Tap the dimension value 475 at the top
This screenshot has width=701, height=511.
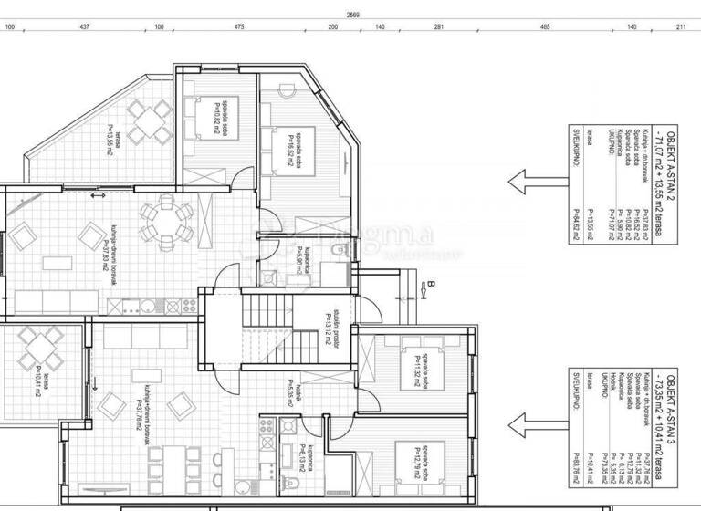pyautogui.click(x=239, y=27)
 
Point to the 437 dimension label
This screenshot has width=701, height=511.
pyautogui.click(x=84, y=27)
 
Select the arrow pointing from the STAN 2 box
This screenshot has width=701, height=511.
pyautogui.click(x=528, y=180)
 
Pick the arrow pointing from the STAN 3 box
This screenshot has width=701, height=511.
pyautogui.click(x=528, y=422)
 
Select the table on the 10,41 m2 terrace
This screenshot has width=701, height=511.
pyautogui.click(x=39, y=348)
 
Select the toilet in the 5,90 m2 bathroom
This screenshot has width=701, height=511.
pyautogui.click(x=336, y=248)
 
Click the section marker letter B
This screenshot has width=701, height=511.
pyautogui.click(x=427, y=285)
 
